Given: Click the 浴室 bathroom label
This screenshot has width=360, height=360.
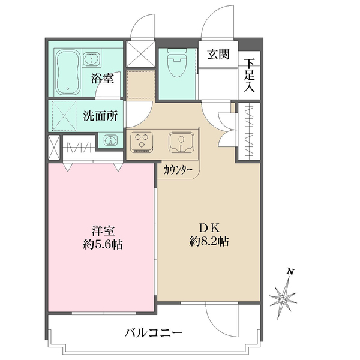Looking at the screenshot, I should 103,77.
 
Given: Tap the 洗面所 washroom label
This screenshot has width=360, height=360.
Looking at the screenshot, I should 100,116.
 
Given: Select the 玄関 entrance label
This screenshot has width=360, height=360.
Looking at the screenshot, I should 218,55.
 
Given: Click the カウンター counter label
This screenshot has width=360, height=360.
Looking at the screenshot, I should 178,170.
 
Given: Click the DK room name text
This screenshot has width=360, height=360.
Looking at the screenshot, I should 209,228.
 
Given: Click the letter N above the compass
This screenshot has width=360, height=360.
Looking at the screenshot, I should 290,272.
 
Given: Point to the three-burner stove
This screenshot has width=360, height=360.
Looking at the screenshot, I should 143,142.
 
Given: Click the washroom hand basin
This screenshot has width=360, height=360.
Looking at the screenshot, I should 110,140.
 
